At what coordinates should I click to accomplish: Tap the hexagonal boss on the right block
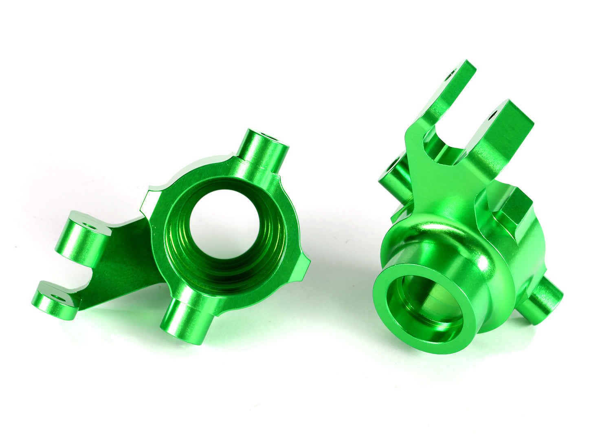point(515,208)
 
